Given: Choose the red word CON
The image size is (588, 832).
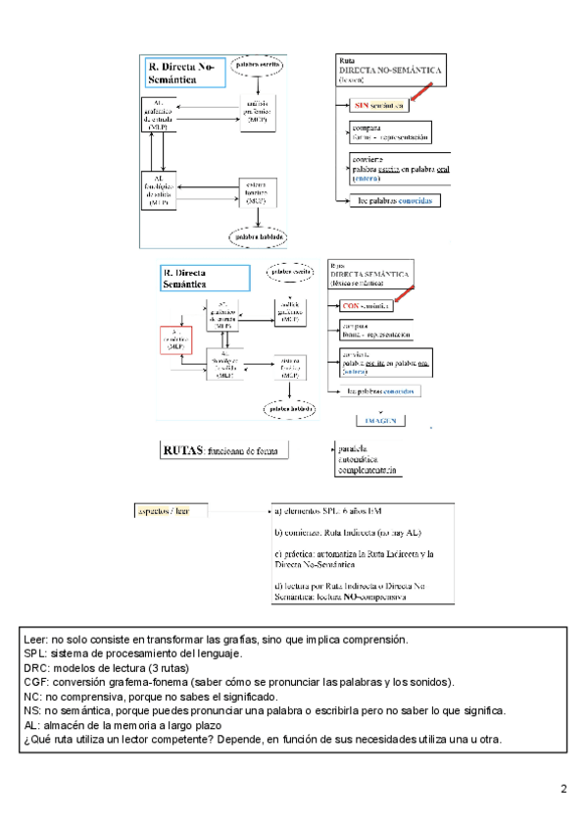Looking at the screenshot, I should (354, 306).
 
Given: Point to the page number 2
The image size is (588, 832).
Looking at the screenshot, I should (563, 789).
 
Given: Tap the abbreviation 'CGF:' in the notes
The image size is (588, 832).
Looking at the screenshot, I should (37, 681).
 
